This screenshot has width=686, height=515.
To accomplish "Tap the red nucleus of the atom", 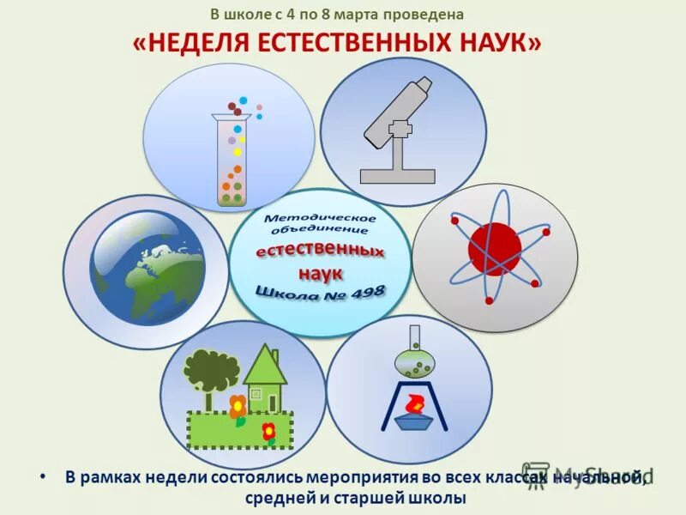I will point(495,248).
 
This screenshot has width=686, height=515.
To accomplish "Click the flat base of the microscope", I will point(398,176).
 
